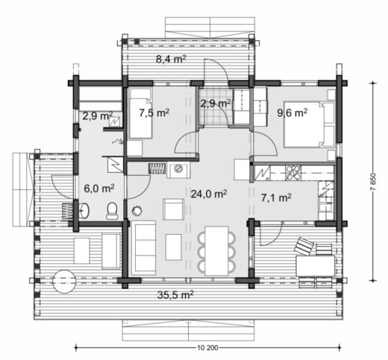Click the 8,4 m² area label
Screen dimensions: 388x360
coord(171,60)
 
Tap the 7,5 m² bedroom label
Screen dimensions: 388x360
coord(154,113)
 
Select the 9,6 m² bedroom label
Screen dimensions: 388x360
coord(292,113)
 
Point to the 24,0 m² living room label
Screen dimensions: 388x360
coord(209,194)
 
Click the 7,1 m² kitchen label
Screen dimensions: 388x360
coord(276,198)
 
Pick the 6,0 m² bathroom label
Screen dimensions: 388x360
coord(99,189)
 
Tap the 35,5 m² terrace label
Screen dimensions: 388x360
coord(175,295)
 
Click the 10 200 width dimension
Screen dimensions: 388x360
coord(208,347)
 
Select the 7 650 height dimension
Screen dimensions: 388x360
coord(373,182)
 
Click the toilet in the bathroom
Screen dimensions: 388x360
coord(112,211)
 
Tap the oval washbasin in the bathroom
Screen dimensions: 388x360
coord(84,211)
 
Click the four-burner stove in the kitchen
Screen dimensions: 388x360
coord(293,172)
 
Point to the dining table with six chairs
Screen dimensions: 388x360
coord(216,251)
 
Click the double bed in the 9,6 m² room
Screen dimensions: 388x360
coord(309,124)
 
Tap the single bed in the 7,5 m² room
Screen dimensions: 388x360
coord(140,113)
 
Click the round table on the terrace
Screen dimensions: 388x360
coord(64,281)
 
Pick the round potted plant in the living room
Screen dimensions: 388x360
coord(137,211)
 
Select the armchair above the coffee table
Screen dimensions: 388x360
coord(174,209)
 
